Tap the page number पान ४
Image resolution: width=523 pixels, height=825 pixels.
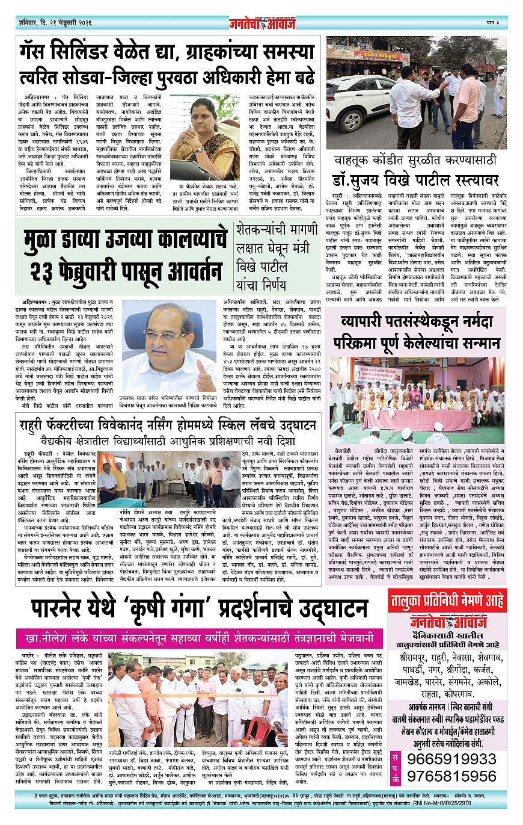495,22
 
